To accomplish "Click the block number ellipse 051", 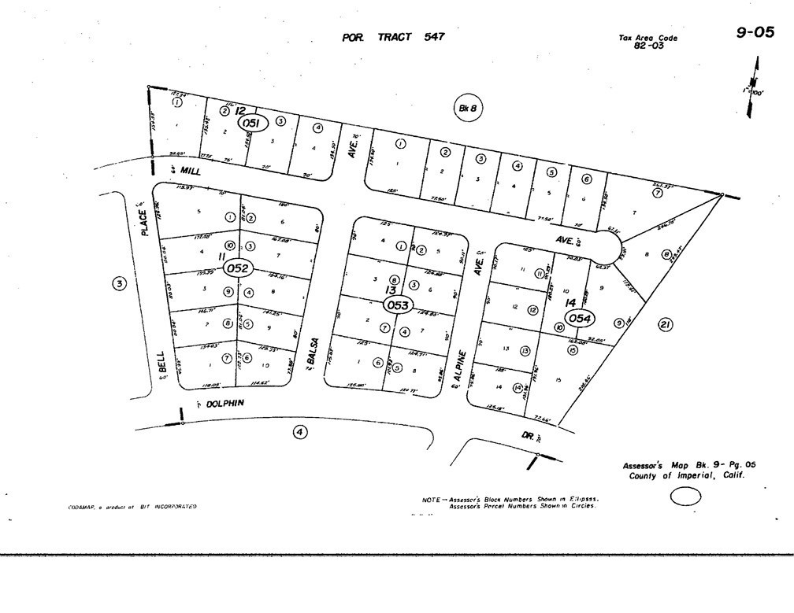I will coord(251,124).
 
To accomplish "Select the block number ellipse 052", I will coord(237,268).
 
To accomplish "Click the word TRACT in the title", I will coord(394,37).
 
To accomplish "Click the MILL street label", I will coord(186,168).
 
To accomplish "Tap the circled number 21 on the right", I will coord(665,324).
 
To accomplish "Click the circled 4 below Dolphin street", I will coord(299,430).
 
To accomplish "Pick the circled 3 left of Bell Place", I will coord(118,283).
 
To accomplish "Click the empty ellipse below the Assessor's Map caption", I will coord(685,497).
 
